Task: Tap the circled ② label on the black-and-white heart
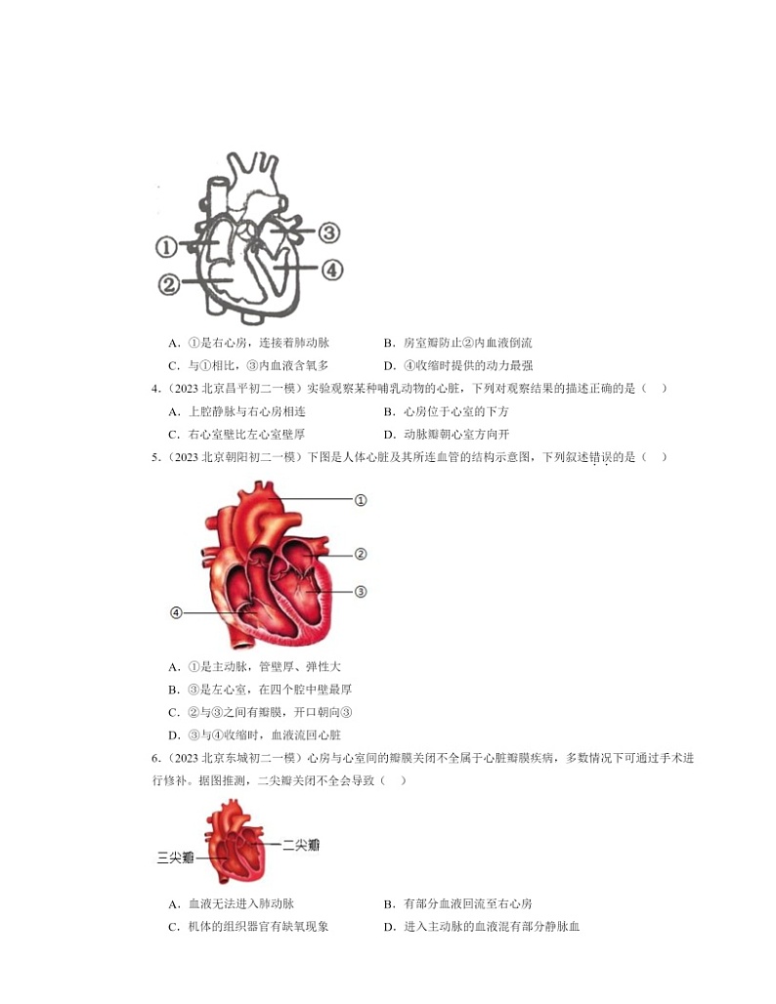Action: (168, 284)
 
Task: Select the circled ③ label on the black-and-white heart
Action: (328, 232)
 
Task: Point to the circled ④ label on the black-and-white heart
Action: (332, 269)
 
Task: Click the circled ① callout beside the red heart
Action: (360, 500)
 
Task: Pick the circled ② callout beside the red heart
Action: (360, 554)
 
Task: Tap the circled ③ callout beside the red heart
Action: (360, 591)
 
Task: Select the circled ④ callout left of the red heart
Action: (176, 612)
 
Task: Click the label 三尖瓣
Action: (176, 857)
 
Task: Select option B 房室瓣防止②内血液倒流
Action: (457, 343)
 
